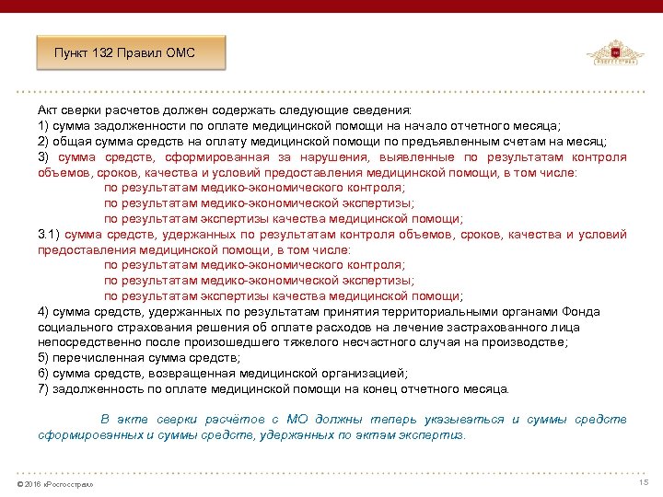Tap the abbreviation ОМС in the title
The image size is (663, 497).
[x=180, y=52]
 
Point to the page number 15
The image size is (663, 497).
[x=644, y=483]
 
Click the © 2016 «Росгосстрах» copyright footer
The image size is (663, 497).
[x=55, y=484]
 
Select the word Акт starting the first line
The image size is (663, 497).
[x=49, y=109]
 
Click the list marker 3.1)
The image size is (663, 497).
[x=49, y=234]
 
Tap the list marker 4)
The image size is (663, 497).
[x=43, y=311]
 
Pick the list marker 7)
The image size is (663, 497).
[x=43, y=388]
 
